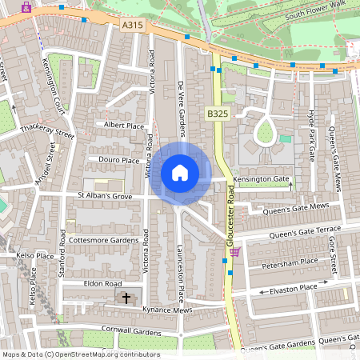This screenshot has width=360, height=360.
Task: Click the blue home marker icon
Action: click(x=180, y=173)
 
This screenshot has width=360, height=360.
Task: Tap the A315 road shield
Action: click(x=133, y=26)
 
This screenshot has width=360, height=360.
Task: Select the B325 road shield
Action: click(x=217, y=114)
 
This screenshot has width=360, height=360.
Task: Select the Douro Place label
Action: click(x=118, y=160)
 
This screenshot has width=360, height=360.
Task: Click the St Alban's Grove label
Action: click(x=105, y=195)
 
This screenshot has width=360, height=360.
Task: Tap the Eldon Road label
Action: click(x=102, y=283)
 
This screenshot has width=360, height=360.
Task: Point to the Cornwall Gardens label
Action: click(x=133, y=329)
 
